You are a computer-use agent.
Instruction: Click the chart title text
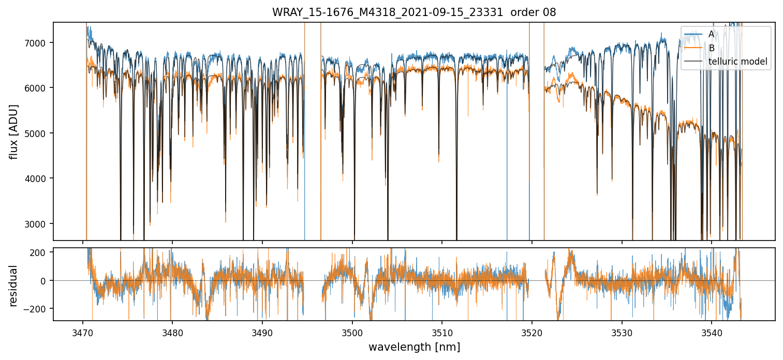click(x=414, y=12)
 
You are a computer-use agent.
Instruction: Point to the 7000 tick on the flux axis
click(x=39, y=43)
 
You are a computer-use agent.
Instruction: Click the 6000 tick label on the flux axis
click(x=39, y=88)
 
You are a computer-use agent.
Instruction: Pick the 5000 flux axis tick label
click(x=39, y=133)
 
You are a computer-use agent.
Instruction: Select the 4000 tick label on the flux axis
click(x=39, y=178)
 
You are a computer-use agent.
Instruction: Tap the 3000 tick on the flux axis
click(x=39, y=224)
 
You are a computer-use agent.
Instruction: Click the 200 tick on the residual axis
click(x=41, y=252)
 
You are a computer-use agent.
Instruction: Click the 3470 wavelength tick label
click(x=83, y=332)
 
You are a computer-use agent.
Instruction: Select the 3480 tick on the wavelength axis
click(x=172, y=332)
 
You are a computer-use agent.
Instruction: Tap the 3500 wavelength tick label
click(x=352, y=332)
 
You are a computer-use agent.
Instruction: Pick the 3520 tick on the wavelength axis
click(x=531, y=332)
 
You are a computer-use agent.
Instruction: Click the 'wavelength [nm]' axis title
click(x=414, y=347)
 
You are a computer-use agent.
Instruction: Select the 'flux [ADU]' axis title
click(x=14, y=131)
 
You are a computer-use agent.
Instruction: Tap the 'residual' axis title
click(x=14, y=286)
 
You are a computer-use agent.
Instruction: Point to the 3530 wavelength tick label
click(x=622, y=332)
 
